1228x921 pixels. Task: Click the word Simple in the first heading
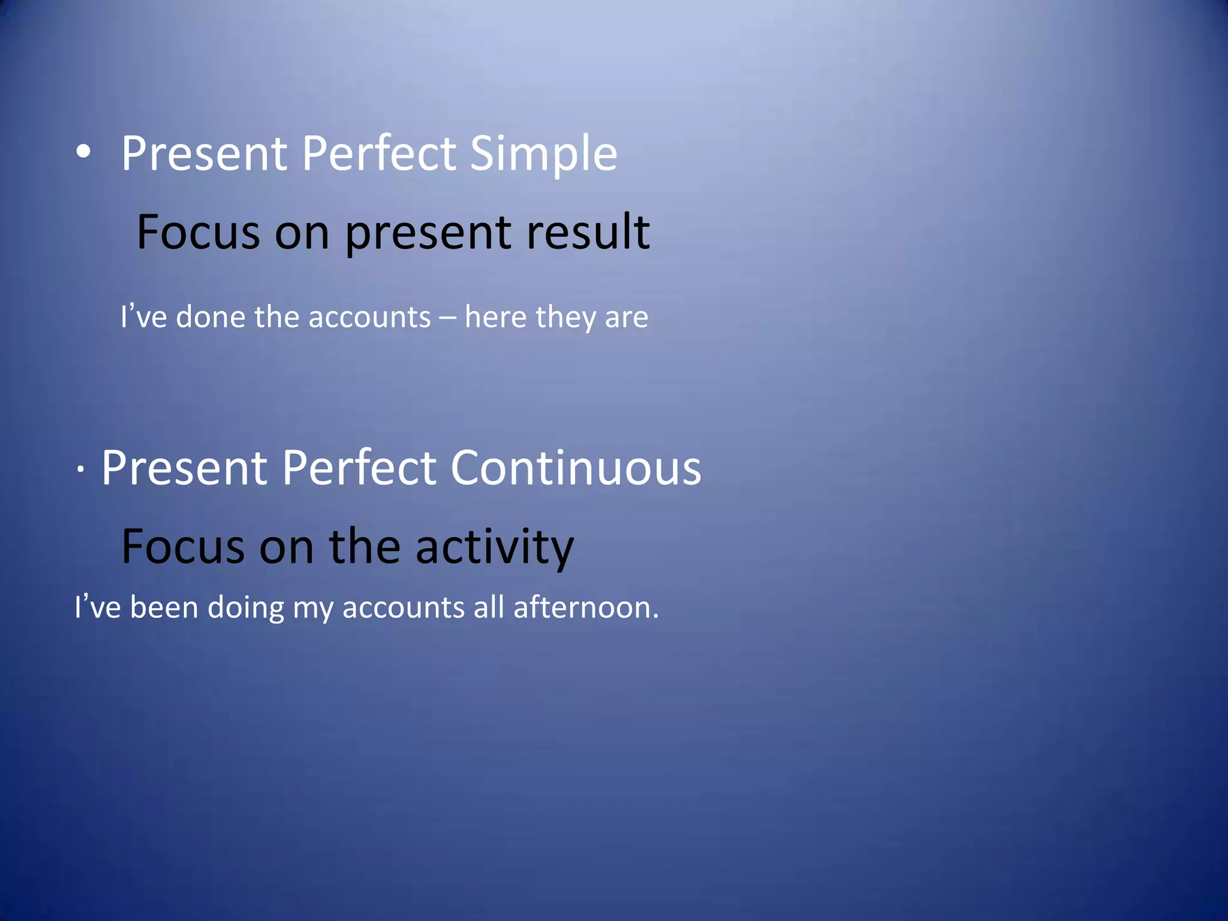(x=543, y=154)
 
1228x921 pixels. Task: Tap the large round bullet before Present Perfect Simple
(x=84, y=152)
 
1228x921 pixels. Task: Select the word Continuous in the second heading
(x=576, y=468)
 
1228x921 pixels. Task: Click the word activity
(x=495, y=547)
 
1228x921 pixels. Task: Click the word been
(x=164, y=607)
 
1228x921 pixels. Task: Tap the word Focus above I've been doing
(x=183, y=547)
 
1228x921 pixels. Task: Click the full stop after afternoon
(x=655, y=616)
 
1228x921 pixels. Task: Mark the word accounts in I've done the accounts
(x=369, y=317)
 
